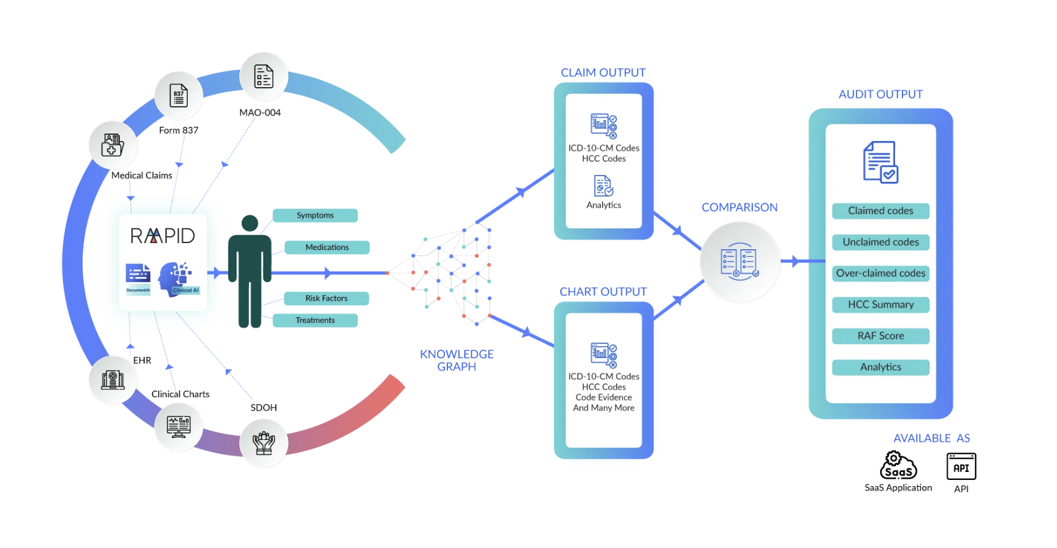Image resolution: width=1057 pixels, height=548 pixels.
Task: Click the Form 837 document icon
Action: pos(179,96)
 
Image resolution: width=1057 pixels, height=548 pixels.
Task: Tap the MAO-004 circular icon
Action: pos(264,77)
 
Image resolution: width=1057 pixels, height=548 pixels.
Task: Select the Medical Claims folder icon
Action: pos(112,145)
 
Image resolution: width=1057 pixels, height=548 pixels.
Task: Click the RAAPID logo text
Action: pos(163,236)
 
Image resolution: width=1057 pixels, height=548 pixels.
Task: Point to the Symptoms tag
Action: pos(315,215)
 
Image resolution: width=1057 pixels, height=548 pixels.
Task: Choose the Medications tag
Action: pos(327,247)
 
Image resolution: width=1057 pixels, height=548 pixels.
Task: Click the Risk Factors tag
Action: pos(326,298)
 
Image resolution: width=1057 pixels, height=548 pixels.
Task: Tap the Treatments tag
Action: pos(315,320)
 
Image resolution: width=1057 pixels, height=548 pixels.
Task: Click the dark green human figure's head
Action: pos(250,223)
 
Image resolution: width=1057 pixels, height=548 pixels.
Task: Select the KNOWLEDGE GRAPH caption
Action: pos(457,360)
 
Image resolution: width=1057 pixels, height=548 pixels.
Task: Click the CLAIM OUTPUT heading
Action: pos(603,72)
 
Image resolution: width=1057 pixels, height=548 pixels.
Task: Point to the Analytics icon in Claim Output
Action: pos(603,186)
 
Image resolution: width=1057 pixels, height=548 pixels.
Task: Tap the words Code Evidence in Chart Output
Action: pos(604,397)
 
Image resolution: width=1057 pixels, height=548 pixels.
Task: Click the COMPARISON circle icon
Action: pos(739,262)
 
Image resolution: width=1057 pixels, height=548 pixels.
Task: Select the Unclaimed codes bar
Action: pos(880,242)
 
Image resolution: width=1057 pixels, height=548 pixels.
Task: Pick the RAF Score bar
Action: pos(880,336)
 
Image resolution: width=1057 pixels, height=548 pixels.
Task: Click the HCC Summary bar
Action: pos(880,304)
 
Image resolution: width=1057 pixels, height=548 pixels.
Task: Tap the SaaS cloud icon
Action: pos(898,466)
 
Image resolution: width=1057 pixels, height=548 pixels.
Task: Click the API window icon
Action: pos(961,466)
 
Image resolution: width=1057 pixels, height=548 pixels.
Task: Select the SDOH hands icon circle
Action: pos(264,443)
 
